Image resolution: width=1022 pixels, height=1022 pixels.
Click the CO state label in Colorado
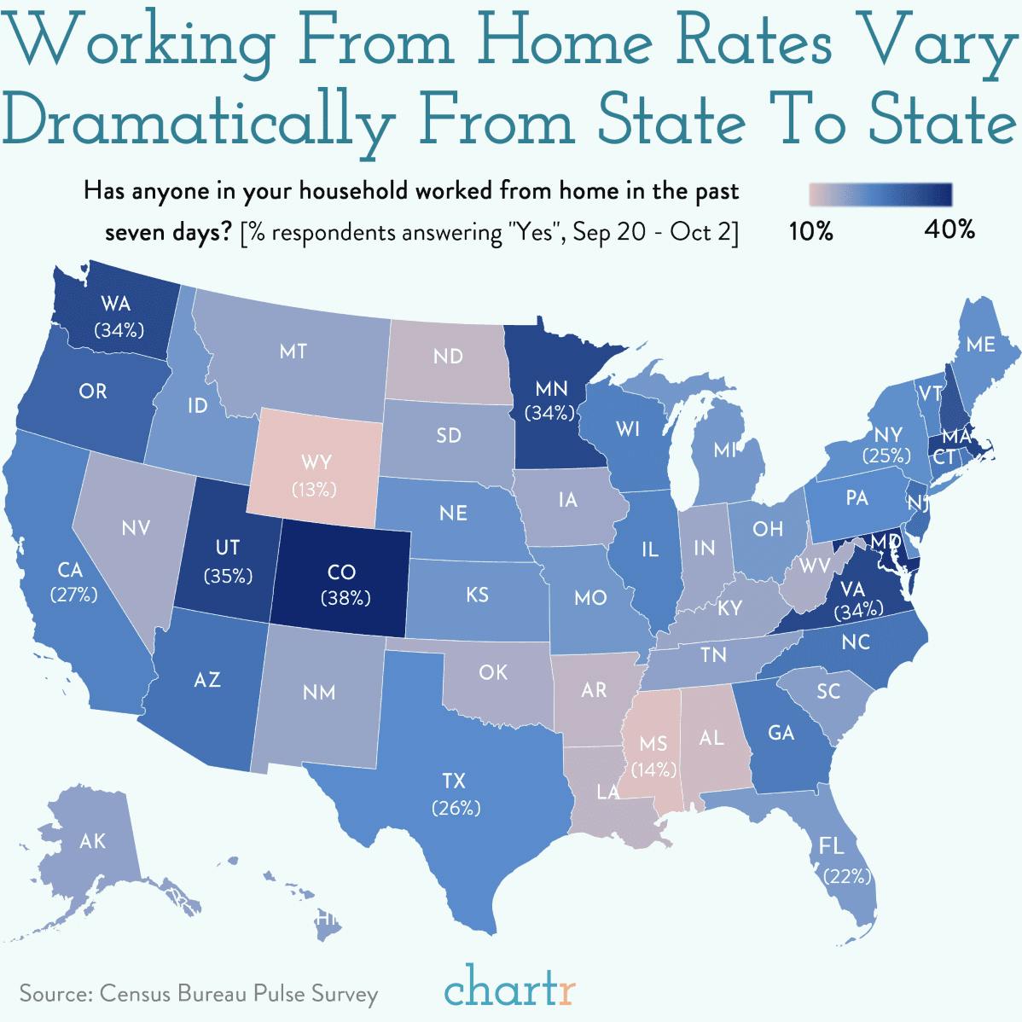(x=341, y=572)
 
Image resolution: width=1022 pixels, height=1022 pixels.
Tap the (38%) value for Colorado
(x=346, y=598)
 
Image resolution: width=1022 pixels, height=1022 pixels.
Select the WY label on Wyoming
(x=316, y=463)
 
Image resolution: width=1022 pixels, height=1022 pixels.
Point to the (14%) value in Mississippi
(x=654, y=769)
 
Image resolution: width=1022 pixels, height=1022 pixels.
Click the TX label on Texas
(x=455, y=780)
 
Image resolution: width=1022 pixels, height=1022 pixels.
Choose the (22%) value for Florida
(x=847, y=875)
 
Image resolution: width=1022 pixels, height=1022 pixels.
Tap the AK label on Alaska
(x=92, y=841)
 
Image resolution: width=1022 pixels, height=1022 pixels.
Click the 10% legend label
(x=810, y=231)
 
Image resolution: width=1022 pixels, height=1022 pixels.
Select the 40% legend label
(x=949, y=229)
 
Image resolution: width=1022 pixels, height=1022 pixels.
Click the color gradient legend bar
(x=880, y=195)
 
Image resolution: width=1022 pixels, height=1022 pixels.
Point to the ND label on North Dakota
(x=447, y=356)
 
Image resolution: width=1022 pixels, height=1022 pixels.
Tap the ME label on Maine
(x=980, y=345)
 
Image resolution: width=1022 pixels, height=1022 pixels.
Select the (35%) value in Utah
(x=228, y=576)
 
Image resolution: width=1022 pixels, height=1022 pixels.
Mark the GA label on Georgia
(x=781, y=733)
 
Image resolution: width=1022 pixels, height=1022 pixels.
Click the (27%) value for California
(x=73, y=595)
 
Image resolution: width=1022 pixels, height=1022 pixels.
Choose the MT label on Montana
(x=293, y=351)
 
